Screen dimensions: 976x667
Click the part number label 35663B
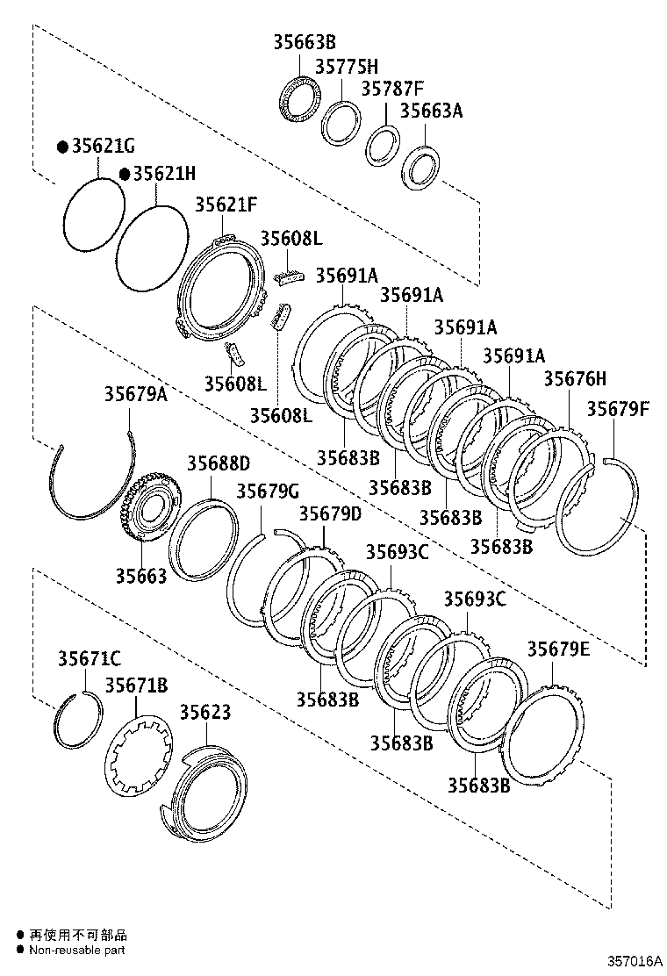click(304, 42)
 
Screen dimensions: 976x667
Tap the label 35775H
click(346, 66)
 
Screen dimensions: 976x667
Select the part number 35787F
click(391, 89)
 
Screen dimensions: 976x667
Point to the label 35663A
click(431, 111)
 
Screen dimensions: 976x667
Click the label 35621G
click(103, 147)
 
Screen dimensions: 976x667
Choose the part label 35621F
click(226, 205)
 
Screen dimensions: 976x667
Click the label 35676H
click(574, 378)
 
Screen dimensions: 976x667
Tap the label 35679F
click(619, 408)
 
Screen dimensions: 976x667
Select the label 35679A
click(135, 394)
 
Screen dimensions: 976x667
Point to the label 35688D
click(217, 463)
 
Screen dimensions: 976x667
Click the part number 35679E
click(558, 649)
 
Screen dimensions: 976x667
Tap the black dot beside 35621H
click(126, 174)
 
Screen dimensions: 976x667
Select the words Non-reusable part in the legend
click(77, 950)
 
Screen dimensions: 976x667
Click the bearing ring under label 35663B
click(298, 99)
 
